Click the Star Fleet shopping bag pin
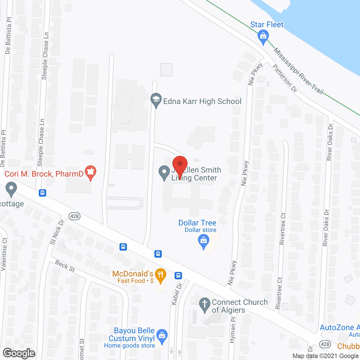click(x=263, y=37)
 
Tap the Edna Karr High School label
click(x=202, y=101)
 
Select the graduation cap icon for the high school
click(x=156, y=100)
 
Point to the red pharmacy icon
click(x=91, y=172)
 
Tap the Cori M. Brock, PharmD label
click(x=44, y=174)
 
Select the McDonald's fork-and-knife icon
click(x=160, y=275)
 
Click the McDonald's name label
click(x=133, y=274)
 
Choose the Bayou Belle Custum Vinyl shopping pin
click(x=162, y=336)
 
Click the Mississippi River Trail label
click(x=298, y=71)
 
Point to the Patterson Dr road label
click(x=285, y=78)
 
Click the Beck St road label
click(x=65, y=266)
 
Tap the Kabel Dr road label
click(x=177, y=294)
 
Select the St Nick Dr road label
click(x=57, y=232)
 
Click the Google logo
click(x=19, y=353)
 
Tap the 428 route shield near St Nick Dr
click(x=75, y=216)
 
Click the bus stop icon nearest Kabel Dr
click(x=178, y=275)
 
